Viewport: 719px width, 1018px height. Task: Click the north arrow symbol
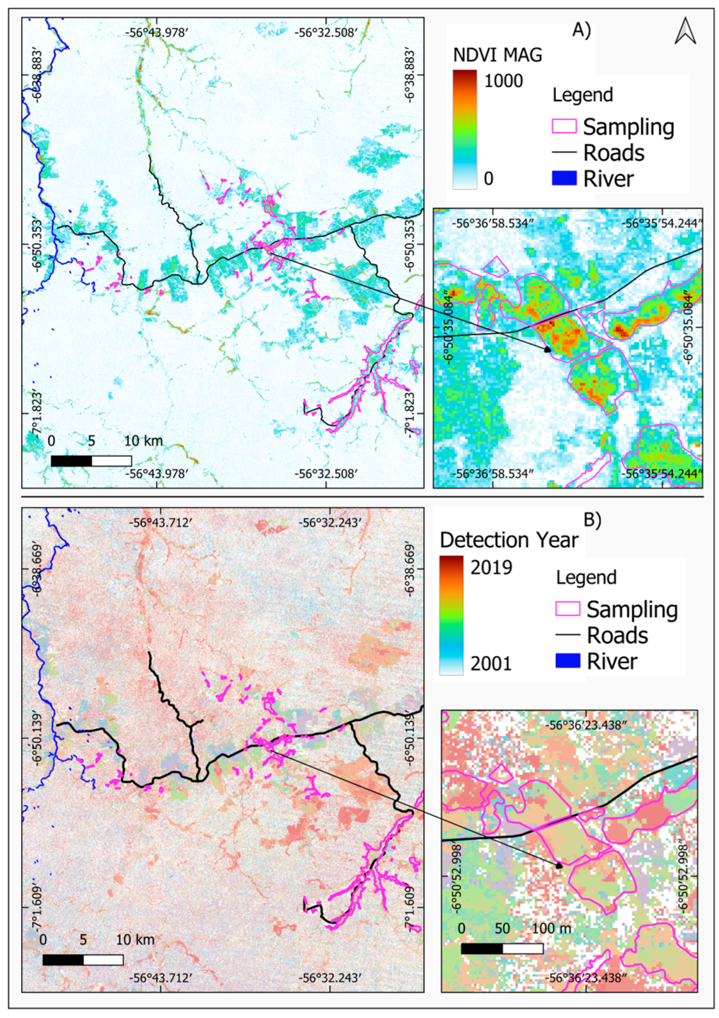pos(685,31)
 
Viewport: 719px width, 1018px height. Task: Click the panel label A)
pos(581,31)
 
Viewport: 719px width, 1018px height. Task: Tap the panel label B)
pos(592,520)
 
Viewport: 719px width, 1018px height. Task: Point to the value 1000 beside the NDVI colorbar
pos(503,82)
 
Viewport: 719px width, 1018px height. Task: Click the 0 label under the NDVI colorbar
pos(488,179)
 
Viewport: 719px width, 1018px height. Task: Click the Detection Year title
pos(509,540)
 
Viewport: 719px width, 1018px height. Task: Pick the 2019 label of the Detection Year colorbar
pos(491,568)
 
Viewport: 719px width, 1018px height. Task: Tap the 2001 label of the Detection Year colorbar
pos(491,664)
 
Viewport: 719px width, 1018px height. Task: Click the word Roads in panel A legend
pos(614,153)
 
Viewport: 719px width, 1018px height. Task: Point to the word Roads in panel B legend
pos(617,635)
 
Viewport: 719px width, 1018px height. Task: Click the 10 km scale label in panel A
pos(143,441)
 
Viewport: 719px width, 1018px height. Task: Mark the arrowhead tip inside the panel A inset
pos(549,350)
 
